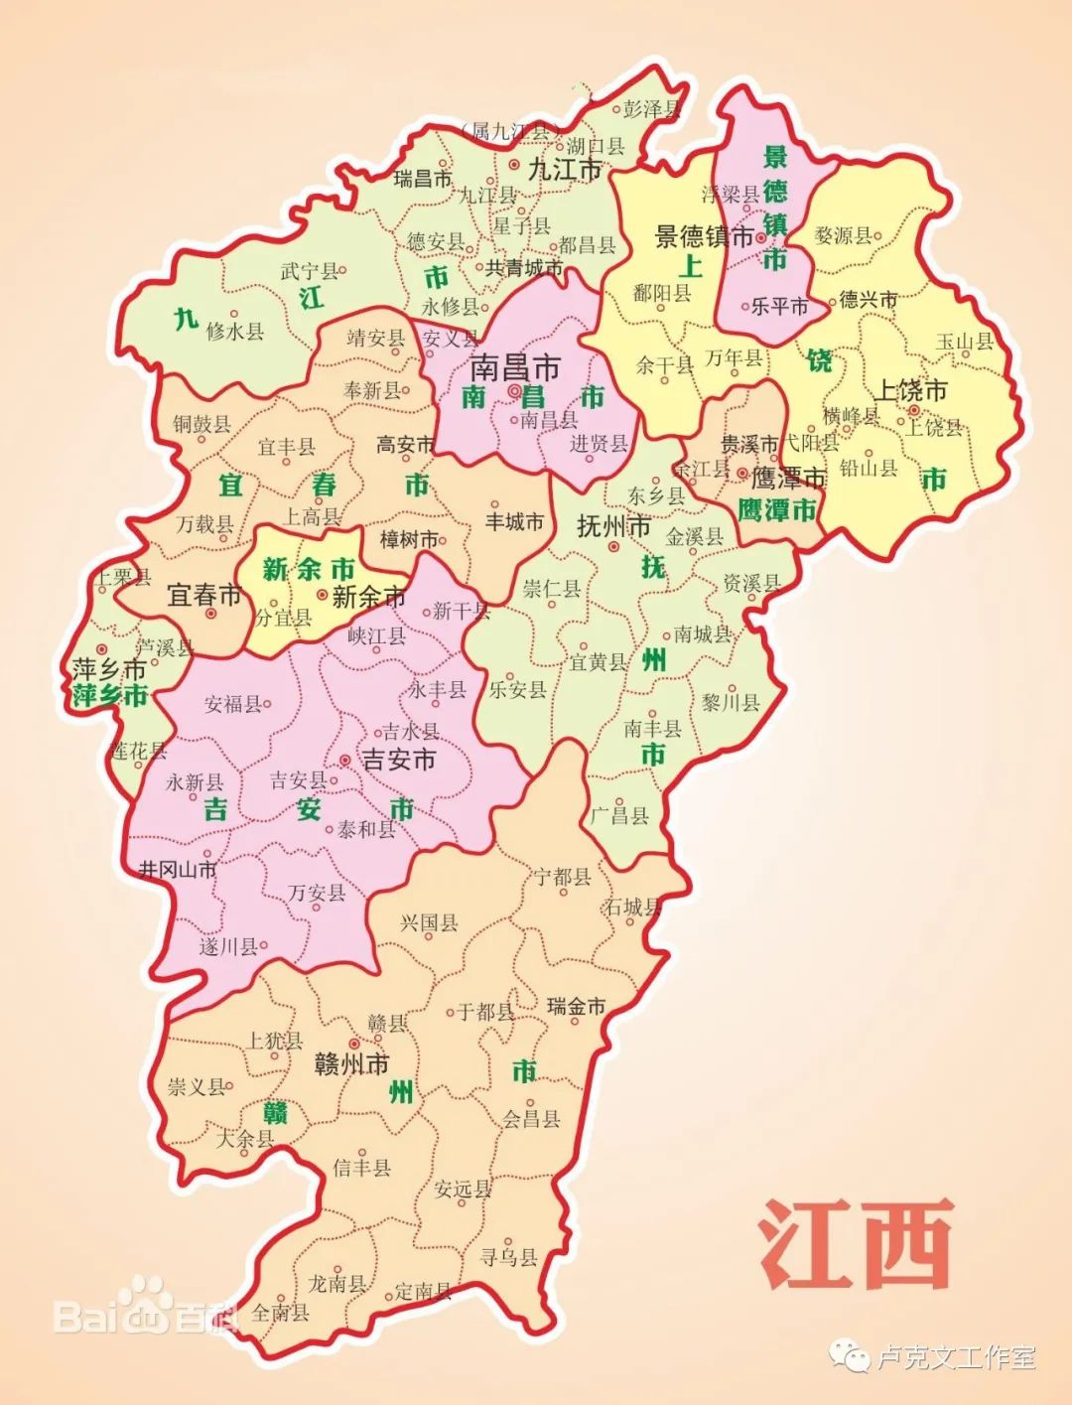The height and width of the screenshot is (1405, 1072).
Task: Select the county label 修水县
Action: pos(235,332)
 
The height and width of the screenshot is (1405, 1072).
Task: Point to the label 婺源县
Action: pos(843,235)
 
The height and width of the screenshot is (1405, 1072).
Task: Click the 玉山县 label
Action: pos(964,342)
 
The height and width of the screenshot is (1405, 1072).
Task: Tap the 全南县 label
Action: pos(280,1312)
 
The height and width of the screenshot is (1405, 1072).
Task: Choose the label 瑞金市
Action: pos(576,1007)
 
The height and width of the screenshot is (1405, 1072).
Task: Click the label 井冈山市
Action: pos(178,870)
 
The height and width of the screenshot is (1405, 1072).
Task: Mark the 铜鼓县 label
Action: pos(201,424)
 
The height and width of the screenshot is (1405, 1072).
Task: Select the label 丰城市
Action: pos(514,521)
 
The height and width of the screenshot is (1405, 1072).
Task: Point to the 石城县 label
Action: pos(632,907)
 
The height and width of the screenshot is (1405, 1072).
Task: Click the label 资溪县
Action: pos(751,583)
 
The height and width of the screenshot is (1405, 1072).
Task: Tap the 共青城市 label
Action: pos(523,268)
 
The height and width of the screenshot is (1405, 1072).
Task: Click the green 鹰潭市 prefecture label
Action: pos(777,510)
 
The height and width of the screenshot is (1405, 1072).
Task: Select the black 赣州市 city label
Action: pos(351,1064)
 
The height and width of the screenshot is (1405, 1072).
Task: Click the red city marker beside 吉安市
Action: pos(344,760)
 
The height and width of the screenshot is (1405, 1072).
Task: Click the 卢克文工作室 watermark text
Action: pos(957,1356)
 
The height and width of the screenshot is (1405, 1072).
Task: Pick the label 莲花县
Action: pos(138,751)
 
